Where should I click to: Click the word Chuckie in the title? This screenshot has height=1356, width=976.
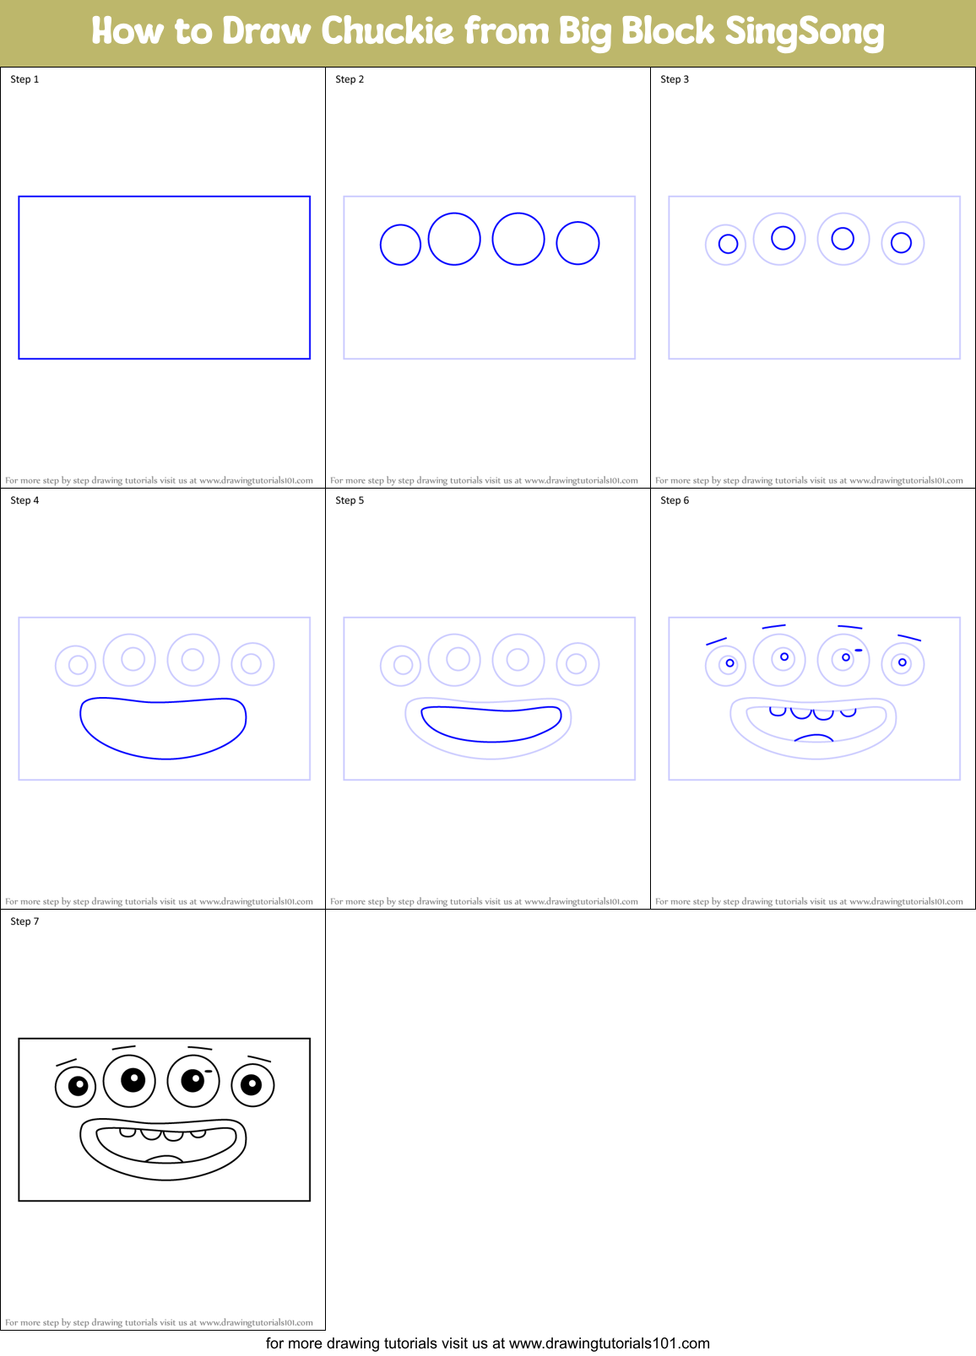(x=388, y=31)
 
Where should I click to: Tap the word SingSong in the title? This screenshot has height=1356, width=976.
(x=804, y=32)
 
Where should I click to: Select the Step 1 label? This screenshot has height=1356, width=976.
(x=24, y=79)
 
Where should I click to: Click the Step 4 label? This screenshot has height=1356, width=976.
(x=24, y=500)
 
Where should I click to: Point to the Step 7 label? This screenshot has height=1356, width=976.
(x=24, y=921)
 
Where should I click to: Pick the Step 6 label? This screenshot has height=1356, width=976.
(x=675, y=500)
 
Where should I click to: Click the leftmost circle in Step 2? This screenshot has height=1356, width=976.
(x=400, y=245)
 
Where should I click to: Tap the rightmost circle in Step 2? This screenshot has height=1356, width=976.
(x=577, y=243)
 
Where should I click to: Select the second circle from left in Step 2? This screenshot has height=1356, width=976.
(x=454, y=239)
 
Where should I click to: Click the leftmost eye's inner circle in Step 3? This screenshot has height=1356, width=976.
(x=728, y=245)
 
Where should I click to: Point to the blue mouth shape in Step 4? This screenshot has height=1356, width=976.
(x=163, y=727)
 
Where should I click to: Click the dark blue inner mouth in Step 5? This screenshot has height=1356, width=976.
(x=491, y=724)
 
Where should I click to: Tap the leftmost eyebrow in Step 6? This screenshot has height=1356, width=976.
(x=716, y=642)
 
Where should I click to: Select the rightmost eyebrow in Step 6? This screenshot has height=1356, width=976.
(x=908, y=638)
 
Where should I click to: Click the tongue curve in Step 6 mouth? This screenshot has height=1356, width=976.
(x=814, y=738)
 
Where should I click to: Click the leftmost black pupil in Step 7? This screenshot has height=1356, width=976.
(x=78, y=1085)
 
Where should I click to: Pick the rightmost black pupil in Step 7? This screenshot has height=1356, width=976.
(x=252, y=1084)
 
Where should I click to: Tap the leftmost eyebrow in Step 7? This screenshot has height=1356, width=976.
(x=66, y=1062)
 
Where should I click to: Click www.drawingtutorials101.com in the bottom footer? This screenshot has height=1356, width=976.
(x=610, y=1343)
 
